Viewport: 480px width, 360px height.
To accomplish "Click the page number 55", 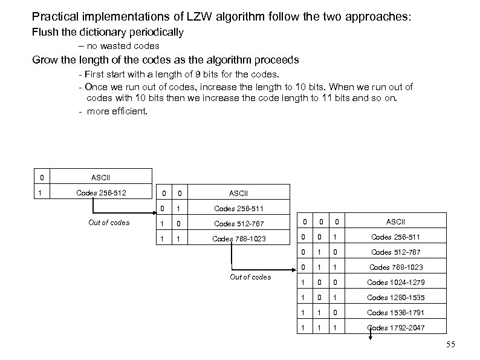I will click(449, 345).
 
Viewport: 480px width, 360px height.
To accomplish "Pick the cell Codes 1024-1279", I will click(395, 282).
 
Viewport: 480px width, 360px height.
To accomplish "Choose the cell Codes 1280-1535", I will click(395, 297).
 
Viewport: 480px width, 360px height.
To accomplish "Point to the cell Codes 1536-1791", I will click(395, 312).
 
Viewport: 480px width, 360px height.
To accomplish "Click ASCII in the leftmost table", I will click(100, 178).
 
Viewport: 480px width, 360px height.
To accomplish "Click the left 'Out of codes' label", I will click(109, 222).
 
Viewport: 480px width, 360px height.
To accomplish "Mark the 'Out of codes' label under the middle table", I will click(250, 277).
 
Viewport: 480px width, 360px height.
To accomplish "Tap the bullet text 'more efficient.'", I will click(117, 111).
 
